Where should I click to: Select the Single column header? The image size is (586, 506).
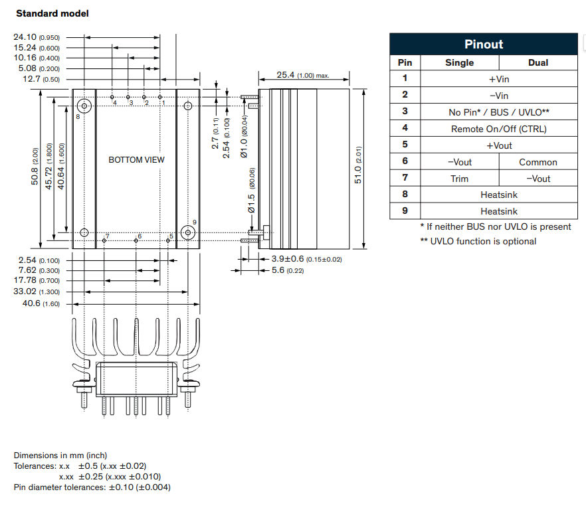click(x=459, y=62)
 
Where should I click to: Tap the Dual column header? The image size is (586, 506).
click(x=537, y=62)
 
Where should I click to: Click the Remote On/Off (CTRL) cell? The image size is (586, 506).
click(x=498, y=129)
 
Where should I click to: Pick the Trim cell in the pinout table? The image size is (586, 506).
click(x=459, y=179)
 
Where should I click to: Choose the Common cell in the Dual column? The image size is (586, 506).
click(x=537, y=162)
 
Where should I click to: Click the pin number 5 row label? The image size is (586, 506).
click(x=405, y=145)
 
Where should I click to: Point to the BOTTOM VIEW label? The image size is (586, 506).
click(x=136, y=159)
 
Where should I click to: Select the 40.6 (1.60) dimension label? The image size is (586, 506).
click(x=41, y=303)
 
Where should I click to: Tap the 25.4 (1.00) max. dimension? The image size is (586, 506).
click(x=303, y=75)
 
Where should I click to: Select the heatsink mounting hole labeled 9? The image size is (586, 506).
click(x=188, y=232)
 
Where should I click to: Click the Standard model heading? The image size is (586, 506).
click(x=52, y=13)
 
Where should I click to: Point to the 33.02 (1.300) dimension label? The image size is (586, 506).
click(x=37, y=292)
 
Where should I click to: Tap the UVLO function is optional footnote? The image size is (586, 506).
click(x=478, y=241)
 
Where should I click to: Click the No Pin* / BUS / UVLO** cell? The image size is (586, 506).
click(x=498, y=112)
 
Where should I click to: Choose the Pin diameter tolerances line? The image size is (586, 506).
click(x=92, y=487)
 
